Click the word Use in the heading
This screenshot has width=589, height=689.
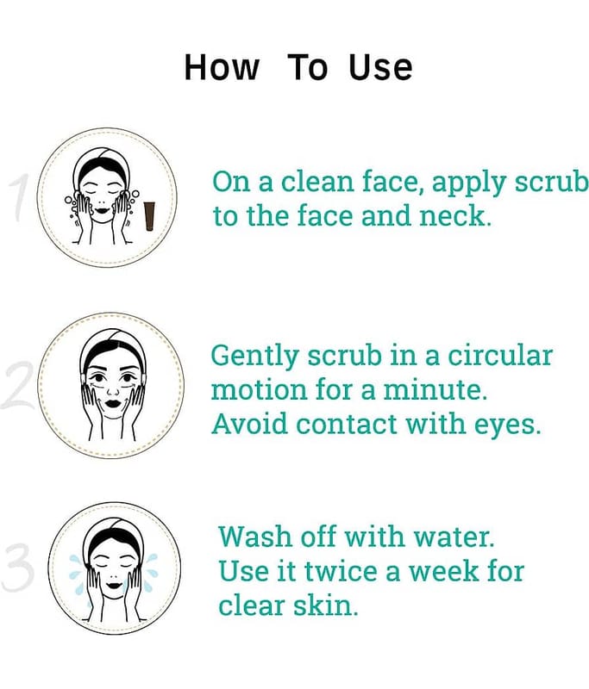pyautogui.click(x=381, y=68)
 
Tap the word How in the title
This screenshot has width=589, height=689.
pyautogui.click(x=222, y=67)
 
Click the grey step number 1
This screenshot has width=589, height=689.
pyautogui.click(x=20, y=197)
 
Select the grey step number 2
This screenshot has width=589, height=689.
pyautogui.click(x=17, y=385)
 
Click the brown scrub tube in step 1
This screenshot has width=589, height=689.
pyautogui.click(x=149, y=216)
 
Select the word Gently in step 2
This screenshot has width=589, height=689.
pyautogui.click(x=255, y=356)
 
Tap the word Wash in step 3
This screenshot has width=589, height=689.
pyautogui.click(x=255, y=536)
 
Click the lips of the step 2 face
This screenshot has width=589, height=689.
pyautogui.click(x=113, y=402)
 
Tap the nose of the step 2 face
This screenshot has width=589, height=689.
pyautogui.click(x=113, y=390)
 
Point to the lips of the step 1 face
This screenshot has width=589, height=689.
pyautogui.click(x=102, y=210)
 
